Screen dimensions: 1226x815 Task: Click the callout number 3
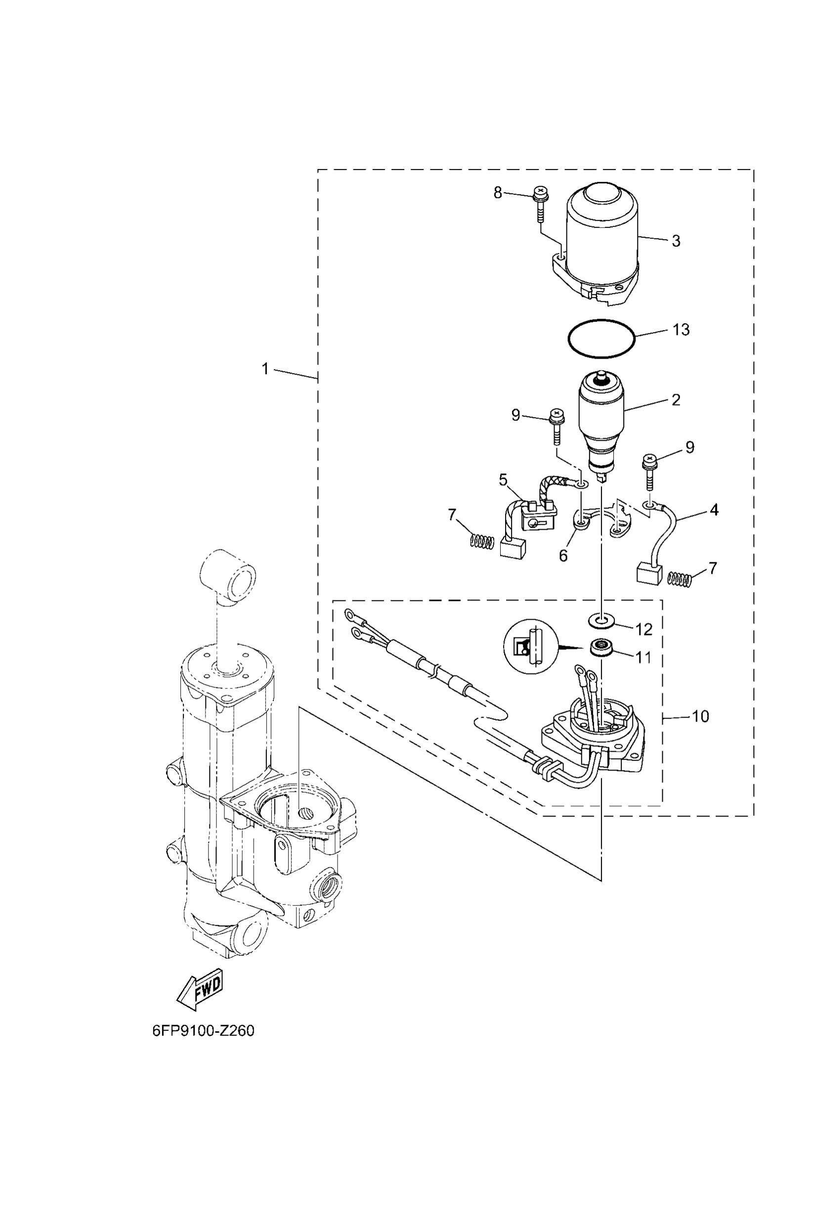pos(676,241)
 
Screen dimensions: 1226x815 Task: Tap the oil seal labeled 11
pos(602,649)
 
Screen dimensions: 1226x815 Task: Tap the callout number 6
pos(563,555)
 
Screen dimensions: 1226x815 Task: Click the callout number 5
pos(503,480)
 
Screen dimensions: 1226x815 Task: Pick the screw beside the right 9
pos(650,470)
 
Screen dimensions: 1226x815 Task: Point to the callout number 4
pos(714,510)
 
